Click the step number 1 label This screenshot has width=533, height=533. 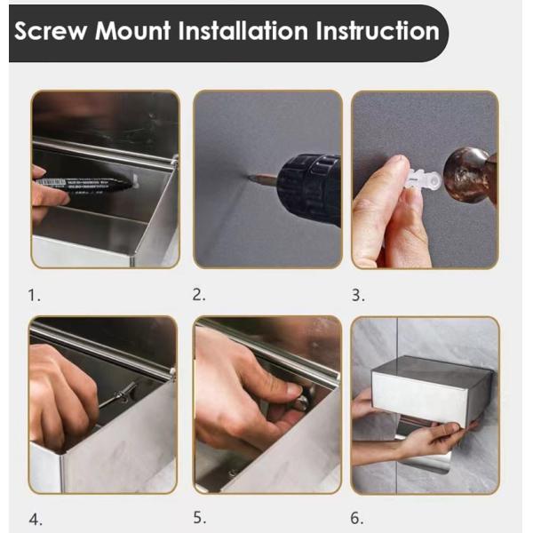[34, 295]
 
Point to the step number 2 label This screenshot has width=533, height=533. [199, 295]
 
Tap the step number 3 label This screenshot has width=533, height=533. [358, 295]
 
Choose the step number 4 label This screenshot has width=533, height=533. [35, 520]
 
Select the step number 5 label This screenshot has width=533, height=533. [199, 517]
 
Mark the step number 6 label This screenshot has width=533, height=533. [357, 519]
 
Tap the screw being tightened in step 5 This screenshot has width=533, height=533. [303, 402]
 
